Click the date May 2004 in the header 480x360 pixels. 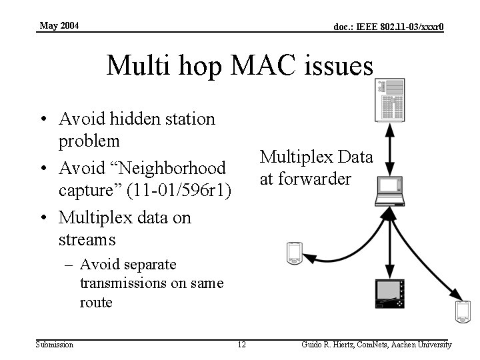(x=59, y=25)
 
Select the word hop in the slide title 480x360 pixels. (x=190, y=67)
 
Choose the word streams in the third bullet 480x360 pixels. (x=87, y=239)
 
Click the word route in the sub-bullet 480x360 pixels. (x=97, y=302)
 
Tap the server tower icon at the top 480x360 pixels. (x=390, y=100)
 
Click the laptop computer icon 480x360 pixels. (x=390, y=189)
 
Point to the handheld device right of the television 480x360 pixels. (x=462, y=311)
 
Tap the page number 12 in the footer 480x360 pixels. (x=241, y=345)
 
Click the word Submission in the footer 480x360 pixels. (x=55, y=345)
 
